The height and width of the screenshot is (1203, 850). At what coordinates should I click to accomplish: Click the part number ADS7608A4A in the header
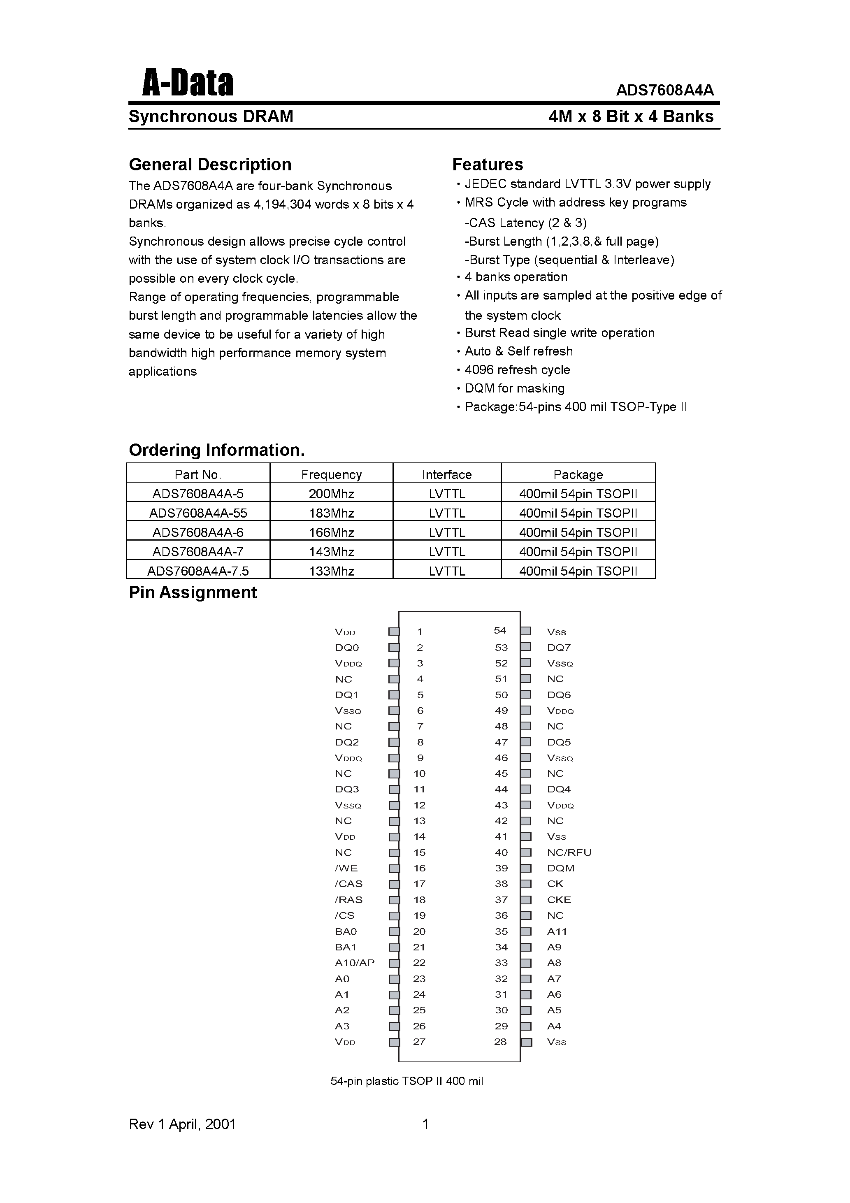coord(664,91)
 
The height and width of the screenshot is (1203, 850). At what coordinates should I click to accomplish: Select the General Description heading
coord(210,165)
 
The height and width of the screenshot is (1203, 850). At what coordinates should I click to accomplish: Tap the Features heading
coord(488,165)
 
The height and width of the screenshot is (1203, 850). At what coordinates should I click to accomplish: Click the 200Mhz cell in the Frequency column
coord(331,494)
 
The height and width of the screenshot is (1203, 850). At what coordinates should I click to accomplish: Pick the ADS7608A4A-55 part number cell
coord(197,513)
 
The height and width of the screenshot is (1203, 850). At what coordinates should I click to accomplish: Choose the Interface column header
coord(446,474)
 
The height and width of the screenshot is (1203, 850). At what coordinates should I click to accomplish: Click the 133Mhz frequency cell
coord(331,571)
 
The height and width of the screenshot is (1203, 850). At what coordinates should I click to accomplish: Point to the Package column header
coord(578,474)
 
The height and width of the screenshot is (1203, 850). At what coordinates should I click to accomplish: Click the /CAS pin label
coord(348,884)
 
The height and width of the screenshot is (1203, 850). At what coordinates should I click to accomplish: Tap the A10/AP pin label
coord(355,962)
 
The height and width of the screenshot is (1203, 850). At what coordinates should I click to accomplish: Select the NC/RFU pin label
coord(569,852)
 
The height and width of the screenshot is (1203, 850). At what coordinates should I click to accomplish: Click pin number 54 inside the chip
coord(500,631)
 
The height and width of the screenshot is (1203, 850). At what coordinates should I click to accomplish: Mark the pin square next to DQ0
coord(394,648)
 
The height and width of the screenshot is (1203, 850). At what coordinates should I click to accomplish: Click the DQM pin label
coord(561,868)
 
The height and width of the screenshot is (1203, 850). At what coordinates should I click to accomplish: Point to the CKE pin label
coord(559,900)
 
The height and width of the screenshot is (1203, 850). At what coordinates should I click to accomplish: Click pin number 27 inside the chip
coord(419,1042)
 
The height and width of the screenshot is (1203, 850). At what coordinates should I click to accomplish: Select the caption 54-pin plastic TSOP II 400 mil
coord(406,1081)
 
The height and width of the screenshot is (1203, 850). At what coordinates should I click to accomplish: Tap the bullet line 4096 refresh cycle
coord(517,370)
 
